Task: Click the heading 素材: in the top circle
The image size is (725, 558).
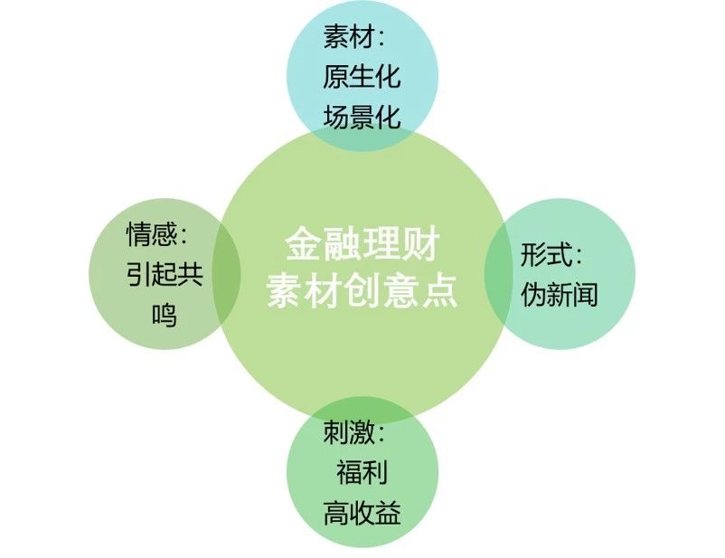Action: (353, 36)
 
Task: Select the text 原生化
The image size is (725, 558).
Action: (362, 76)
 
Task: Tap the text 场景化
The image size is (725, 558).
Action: (362, 116)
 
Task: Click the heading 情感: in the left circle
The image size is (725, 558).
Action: (157, 234)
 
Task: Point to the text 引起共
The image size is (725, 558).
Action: (165, 274)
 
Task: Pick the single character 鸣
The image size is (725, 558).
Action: (165, 315)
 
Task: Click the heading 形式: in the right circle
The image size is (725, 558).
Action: (551, 254)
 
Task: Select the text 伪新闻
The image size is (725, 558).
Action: (559, 294)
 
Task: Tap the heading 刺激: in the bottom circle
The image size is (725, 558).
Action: (353, 432)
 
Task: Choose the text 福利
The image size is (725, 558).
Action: (362, 472)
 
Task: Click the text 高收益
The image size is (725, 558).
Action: (362, 513)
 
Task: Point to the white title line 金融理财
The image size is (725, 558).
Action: (362, 244)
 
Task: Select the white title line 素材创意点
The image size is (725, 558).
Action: (362, 290)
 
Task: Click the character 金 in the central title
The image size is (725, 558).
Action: (304, 244)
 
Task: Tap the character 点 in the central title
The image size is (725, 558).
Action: (439, 290)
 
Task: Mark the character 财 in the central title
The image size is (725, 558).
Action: (420, 244)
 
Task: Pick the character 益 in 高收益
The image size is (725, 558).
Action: (388, 513)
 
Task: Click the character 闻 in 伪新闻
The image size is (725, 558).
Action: (586, 294)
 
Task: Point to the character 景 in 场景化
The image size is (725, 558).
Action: (362, 116)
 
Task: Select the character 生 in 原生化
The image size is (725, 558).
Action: (362, 76)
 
